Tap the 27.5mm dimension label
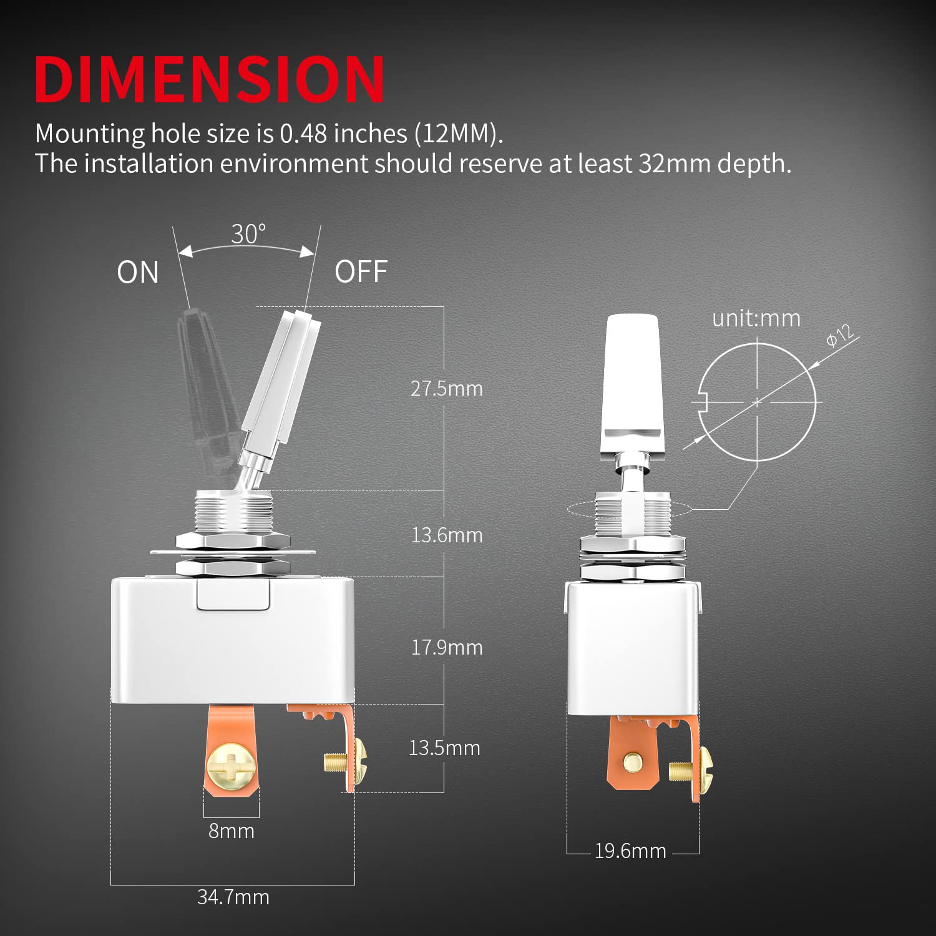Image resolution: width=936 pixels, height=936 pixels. pyautogui.click(x=446, y=389)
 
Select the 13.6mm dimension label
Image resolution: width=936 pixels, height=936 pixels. pyautogui.click(x=447, y=535)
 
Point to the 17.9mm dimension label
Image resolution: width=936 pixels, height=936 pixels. pyautogui.click(x=447, y=648)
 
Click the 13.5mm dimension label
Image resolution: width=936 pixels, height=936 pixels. pyautogui.click(x=444, y=748)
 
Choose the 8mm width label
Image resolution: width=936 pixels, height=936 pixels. pyautogui.click(x=232, y=831)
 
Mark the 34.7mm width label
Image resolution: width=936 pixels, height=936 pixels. pyautogui.click(x=233, y=897)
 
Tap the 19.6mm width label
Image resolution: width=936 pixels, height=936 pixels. pyautogui.click(x=630, y=851)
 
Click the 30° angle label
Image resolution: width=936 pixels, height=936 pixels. pyautogui.click(x=248, y=235)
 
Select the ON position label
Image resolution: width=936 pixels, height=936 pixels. pyautogui.click(x=138, y=273)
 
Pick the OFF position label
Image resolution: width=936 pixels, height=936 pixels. pyautogui.click(x=361, y=272)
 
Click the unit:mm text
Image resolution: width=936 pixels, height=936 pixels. pyautogui.click(x=756, y=319)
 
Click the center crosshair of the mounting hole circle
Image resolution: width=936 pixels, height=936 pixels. pyautogui.click(x=757, y=402)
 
